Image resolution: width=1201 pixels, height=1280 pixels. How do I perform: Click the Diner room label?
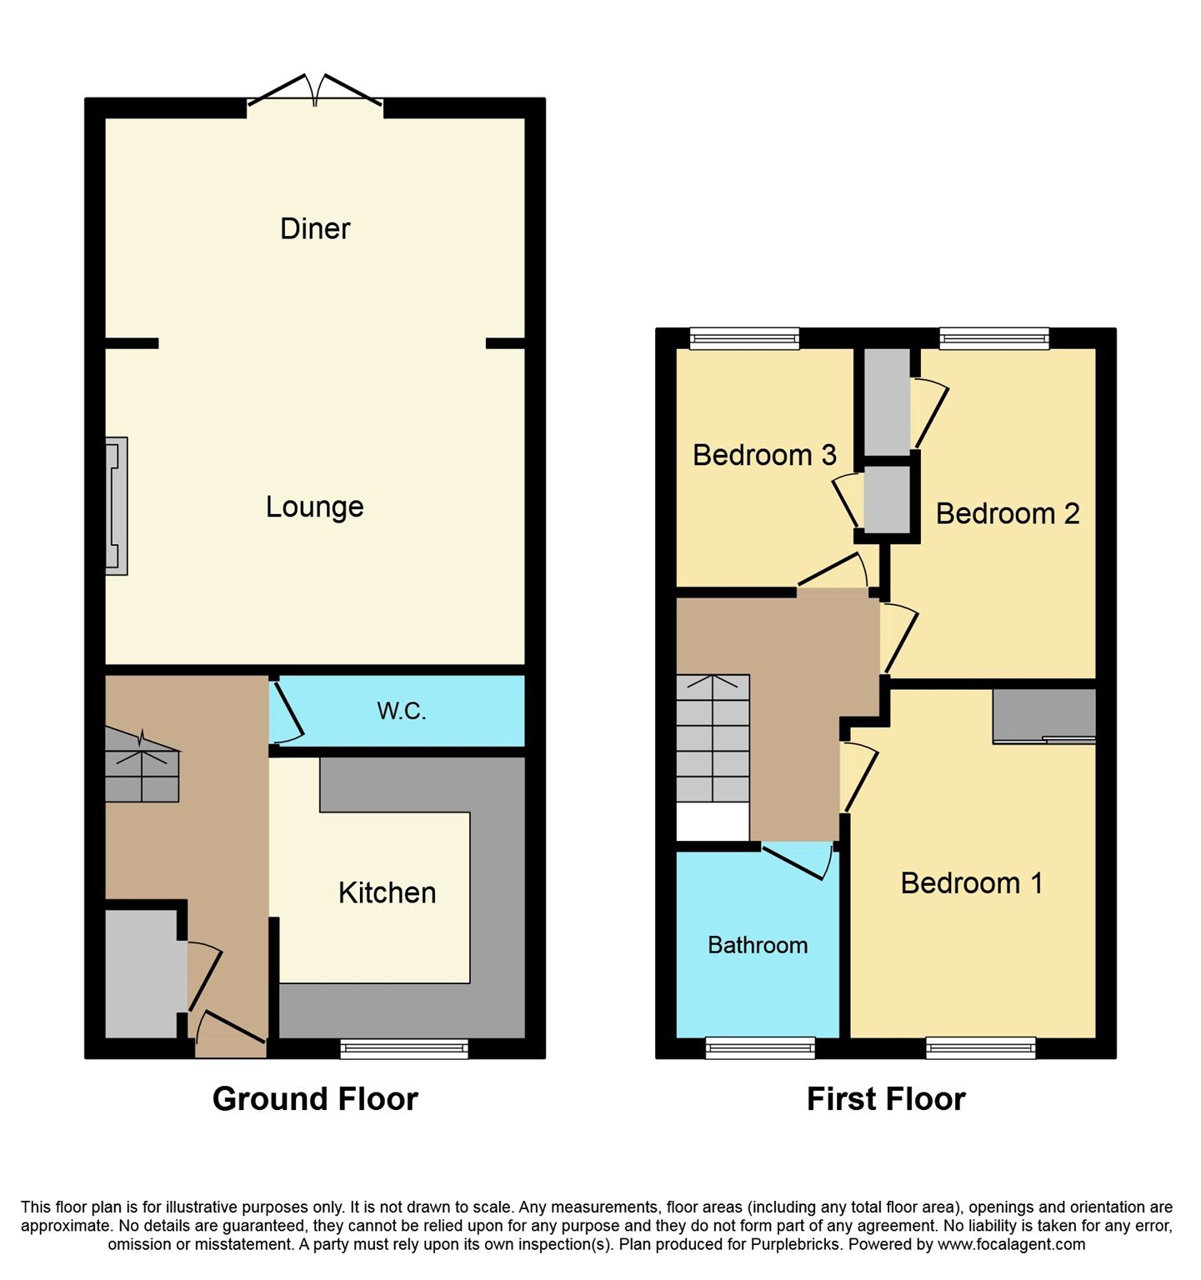click(x=315, y=228)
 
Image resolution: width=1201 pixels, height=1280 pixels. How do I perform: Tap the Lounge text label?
click(x=314, y=507)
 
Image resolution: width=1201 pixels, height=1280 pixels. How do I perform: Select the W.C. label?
click(x=401, y=711)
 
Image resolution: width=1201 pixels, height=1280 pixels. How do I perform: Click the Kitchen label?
click(x=387, y=892)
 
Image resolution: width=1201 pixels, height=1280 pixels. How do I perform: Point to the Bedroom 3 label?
click(x=764, y=455)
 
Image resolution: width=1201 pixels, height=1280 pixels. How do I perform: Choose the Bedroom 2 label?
click(x=1007, y=513)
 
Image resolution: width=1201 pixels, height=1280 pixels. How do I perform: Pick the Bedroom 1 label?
click(x=972, y=882)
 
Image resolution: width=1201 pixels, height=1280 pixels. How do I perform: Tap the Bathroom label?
click(x=758, y=945)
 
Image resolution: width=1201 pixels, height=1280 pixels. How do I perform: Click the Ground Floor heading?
click(x=315, y=1099)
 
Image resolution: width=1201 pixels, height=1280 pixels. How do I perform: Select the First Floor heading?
click(x=886, y=1099)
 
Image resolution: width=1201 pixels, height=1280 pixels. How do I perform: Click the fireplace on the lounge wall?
click(x=116, y=506)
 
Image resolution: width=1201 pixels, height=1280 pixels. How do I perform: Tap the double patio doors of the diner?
click(x=315, y=93)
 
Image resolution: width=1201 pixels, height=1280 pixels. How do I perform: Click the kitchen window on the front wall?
click(x=404, y=1048)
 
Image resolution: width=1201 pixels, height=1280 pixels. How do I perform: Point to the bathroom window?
click(x=760, y=1048)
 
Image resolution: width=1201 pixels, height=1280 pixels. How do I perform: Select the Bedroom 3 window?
click(x=744, y=337)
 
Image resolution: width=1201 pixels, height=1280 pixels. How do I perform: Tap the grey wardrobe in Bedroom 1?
click(x=1043, y=715)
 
